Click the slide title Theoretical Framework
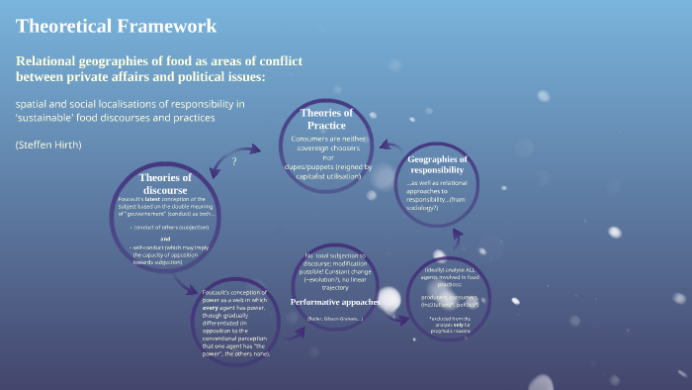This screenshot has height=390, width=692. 117,26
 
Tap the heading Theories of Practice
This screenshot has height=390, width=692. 326,119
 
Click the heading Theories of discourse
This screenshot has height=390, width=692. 164,184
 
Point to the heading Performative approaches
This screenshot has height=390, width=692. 334,301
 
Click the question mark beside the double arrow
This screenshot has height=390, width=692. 234,161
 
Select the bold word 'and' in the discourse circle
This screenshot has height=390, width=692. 165,239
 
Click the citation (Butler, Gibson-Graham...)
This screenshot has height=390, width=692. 334,319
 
